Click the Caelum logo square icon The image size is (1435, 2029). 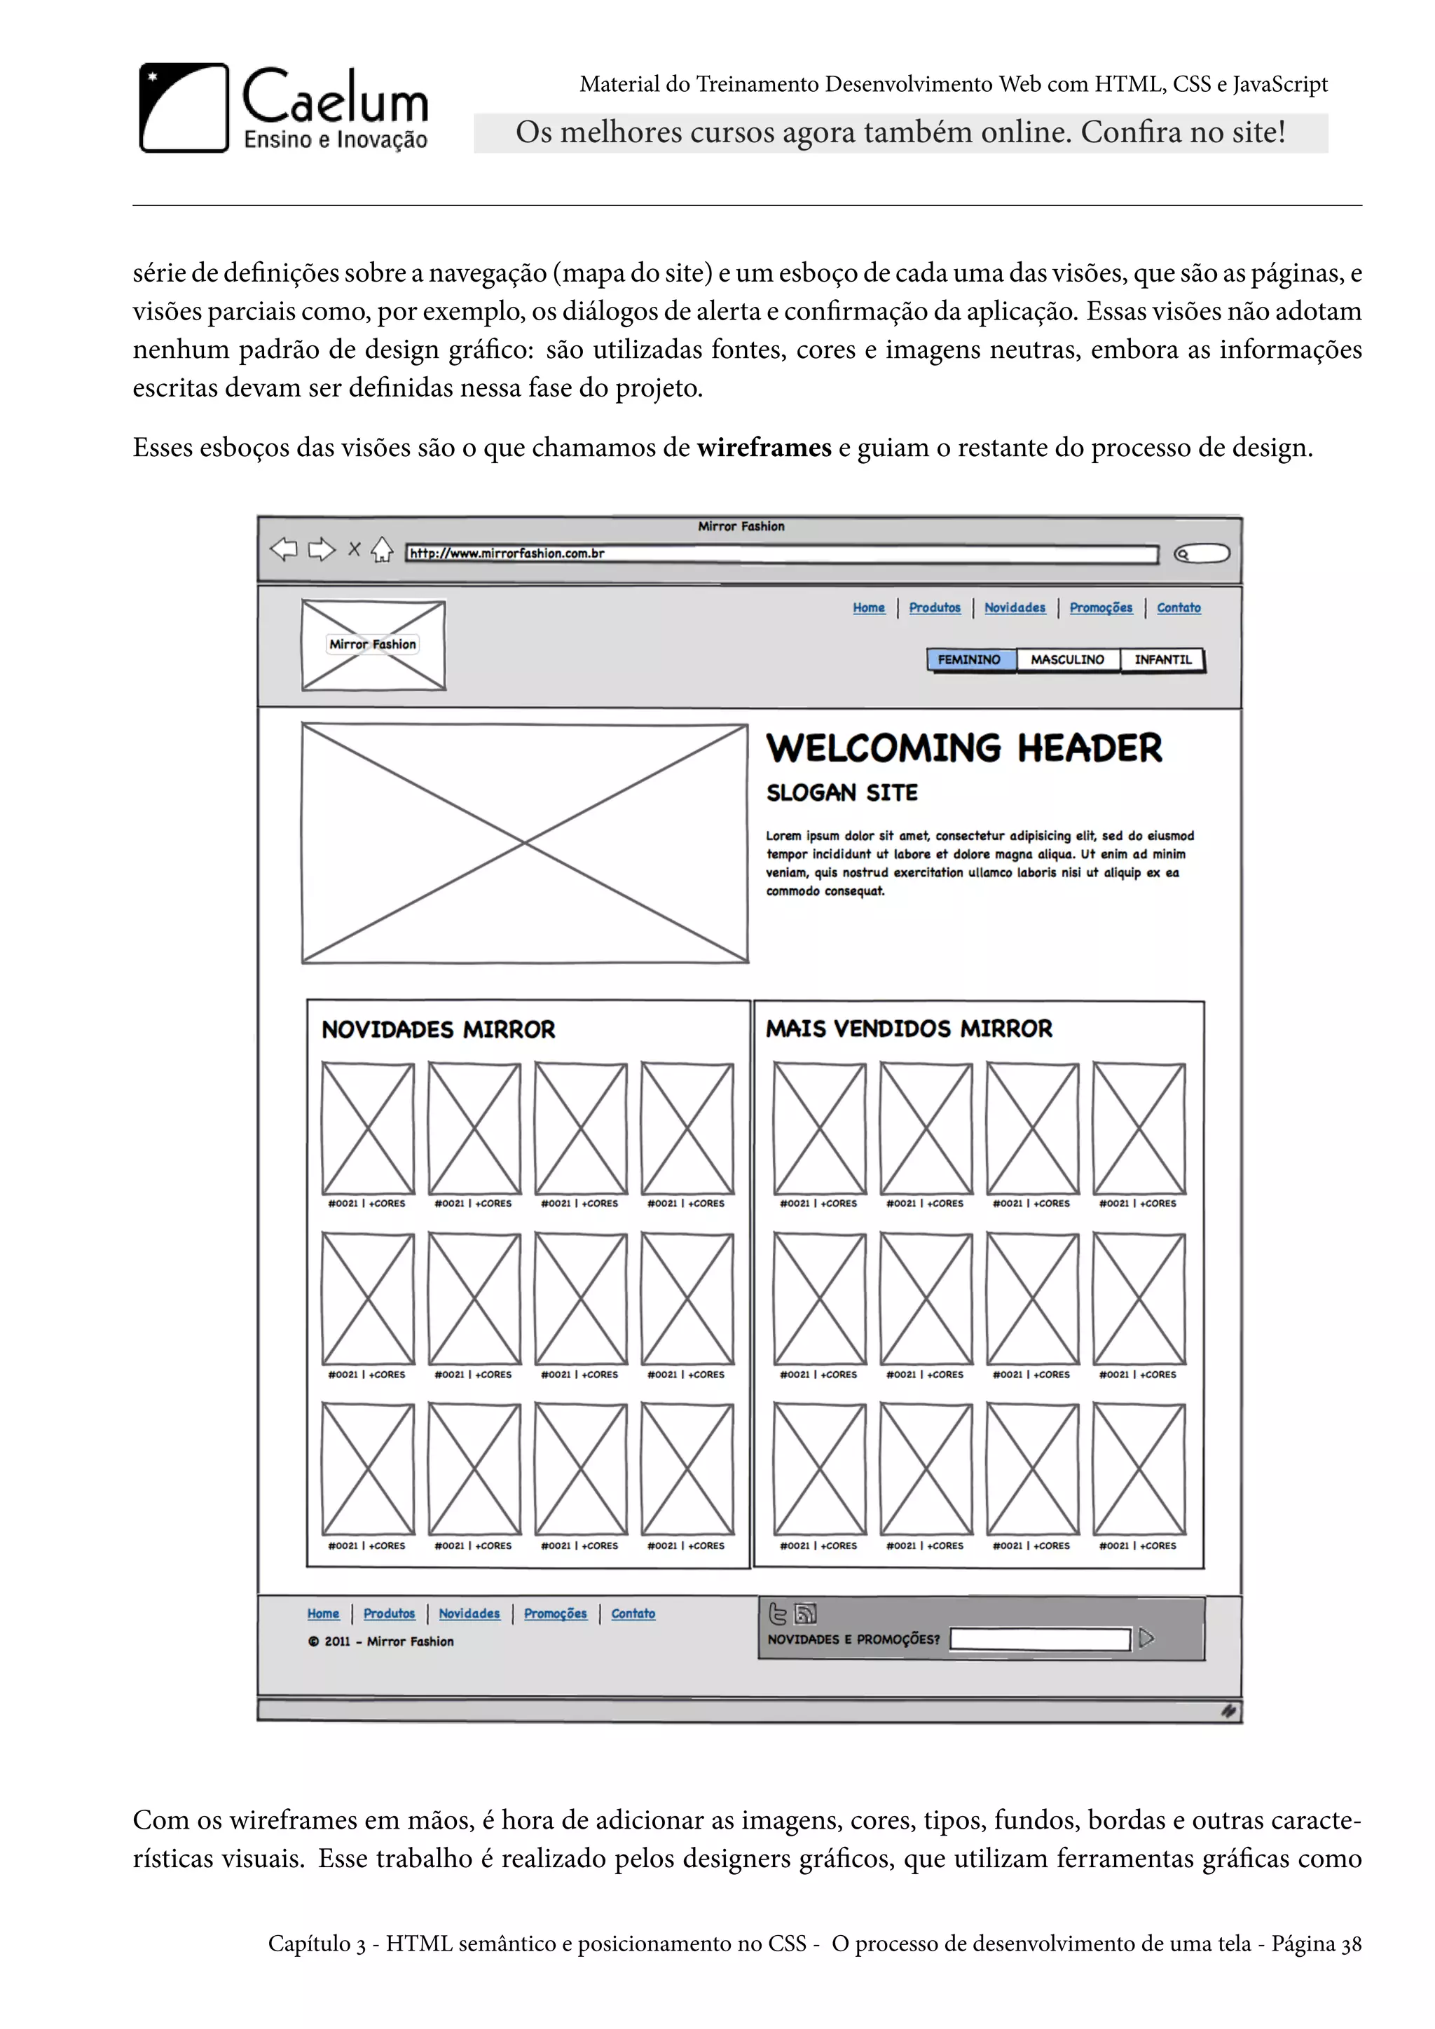click(x=184, y=108)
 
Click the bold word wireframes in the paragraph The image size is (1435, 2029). click(x=764, y=448)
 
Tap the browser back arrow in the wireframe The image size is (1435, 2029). click(x=284, y=550)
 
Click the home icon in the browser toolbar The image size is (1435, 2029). click(x=382, y=550)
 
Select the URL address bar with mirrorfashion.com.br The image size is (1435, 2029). click(x=781, y=554)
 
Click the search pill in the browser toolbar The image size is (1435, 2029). click(x=1202, y=554)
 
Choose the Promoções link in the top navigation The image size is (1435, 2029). click(x=1100, y=608)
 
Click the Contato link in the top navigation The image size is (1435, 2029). click(x=1179, y=608)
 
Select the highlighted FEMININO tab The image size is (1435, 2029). click(x=969, y=660)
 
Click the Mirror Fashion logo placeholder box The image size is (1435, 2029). click(x=373, y=645)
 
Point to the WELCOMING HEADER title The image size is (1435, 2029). click(x=964, y=748)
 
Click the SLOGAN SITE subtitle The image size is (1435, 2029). click(x=842, y=792)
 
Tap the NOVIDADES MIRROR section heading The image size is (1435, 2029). click(x=438, y=1029)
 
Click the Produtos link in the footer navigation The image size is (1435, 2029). click(x=389, y=1614)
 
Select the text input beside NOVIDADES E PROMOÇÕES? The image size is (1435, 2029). click(x=1039, y=1639)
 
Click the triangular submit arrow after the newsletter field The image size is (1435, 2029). click(x=1146, y=1638)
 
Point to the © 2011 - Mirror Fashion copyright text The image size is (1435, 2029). click(x=381, y=1641)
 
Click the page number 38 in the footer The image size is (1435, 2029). click(x=1351, y=1944)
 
